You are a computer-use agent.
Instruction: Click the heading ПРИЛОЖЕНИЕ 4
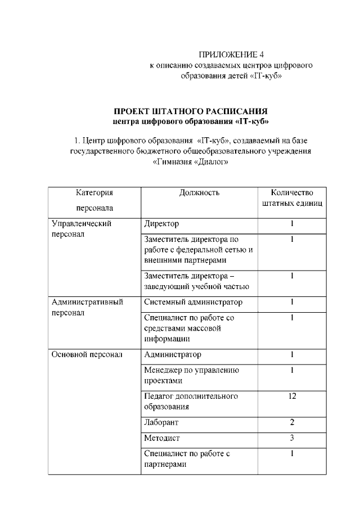coord(231,55)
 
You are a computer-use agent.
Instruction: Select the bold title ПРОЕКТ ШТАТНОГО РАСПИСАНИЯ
coord(191,111)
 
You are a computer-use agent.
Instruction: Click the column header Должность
coord(199,193)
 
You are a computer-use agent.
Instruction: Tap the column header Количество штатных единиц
coord(292,198)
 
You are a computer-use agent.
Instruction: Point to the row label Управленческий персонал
coord(82,229)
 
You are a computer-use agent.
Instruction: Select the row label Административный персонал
coord(87,308)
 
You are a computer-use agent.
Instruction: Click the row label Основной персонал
coord(87,355)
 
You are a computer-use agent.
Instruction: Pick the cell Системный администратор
coord(193,303)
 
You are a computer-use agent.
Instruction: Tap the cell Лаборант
coord(161,422)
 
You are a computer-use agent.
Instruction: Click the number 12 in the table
coord(292,396)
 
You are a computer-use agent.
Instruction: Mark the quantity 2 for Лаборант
coord(292,422)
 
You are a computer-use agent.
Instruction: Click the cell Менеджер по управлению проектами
coord(191,375)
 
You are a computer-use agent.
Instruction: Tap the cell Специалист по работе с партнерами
coord(187,459)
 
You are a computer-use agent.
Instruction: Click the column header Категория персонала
coord(91,200)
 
